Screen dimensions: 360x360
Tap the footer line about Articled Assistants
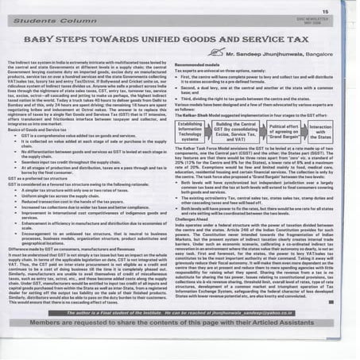pos(180,348)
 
